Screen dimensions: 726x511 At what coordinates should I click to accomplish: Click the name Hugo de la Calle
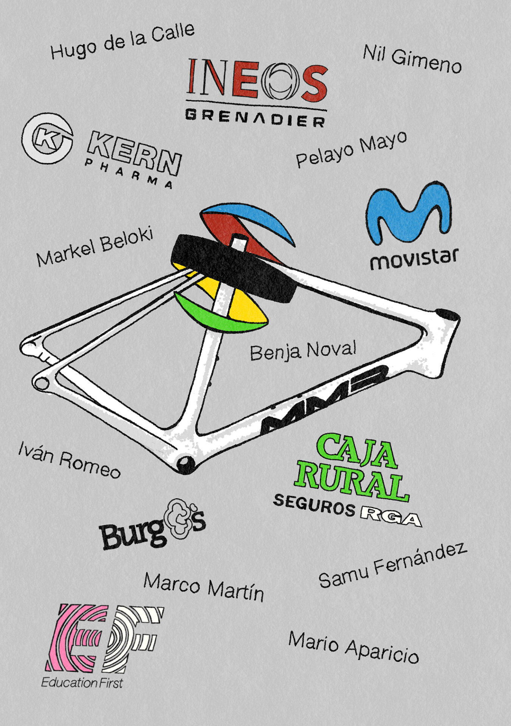(x=122, y=41)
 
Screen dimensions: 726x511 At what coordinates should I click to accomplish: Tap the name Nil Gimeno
(x=412, y=59)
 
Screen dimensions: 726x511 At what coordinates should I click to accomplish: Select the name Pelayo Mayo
(x=351, y=149)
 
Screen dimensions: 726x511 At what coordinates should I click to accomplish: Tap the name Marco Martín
(x=203, y=587)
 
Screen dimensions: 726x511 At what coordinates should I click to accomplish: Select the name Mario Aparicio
(x=353, y=647)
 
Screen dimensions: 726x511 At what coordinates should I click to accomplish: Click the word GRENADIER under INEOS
(x=255, y=118)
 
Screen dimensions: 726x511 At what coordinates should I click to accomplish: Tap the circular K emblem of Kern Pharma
(x=47, y=139)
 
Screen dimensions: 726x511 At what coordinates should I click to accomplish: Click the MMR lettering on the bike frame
(x=325, y=400)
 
